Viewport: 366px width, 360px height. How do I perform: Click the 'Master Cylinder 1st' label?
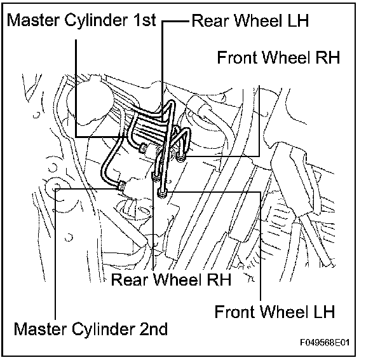81,21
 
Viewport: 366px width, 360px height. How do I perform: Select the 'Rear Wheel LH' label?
250,20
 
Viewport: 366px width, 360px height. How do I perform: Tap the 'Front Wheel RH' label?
278,57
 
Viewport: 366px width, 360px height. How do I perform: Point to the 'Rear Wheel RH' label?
171,279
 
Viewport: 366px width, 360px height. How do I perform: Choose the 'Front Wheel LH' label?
274,312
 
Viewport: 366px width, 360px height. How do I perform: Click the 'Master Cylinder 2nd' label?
91,330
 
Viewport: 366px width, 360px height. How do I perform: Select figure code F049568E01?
325,342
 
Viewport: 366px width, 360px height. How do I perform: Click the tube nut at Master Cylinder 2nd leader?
121,186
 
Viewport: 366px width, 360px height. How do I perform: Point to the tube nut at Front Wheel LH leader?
162,193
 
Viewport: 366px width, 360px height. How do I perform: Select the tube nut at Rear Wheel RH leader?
156,177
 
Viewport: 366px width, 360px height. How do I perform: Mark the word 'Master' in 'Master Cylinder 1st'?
33,20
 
